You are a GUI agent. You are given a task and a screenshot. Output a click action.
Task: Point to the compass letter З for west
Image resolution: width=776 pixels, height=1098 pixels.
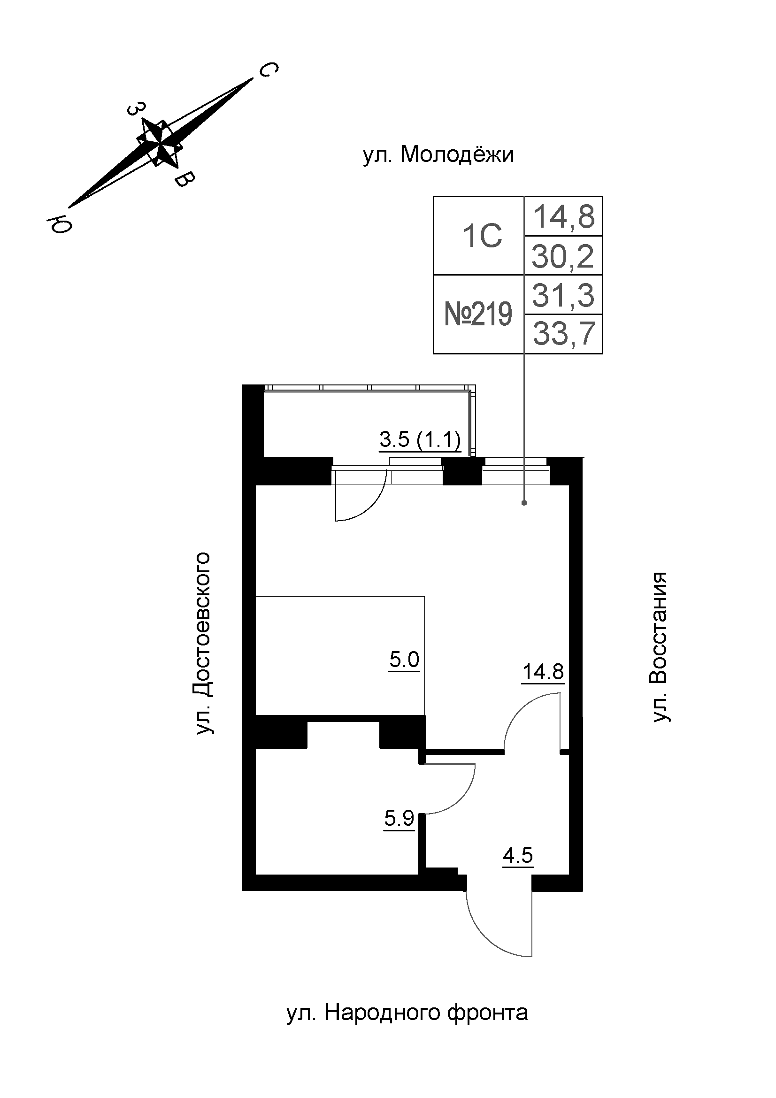pyautogui.click(x=136, y=109)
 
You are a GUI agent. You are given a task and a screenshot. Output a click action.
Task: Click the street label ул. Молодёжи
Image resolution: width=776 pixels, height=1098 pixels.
pyautogui.click(x=438, y=155)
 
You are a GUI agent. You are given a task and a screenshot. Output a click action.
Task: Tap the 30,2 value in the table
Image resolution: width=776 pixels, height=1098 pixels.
pyautogui.click(x=563, y=256)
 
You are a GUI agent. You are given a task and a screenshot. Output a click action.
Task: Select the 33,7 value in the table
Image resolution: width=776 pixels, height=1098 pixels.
pyautogui.click(x=564, y=334)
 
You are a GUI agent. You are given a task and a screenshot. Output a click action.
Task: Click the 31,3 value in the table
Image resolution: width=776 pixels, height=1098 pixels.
pyautogui.click(x=563, y=295)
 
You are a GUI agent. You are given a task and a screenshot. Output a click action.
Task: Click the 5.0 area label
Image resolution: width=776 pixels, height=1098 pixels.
pyautogui.click(x=404, y=660)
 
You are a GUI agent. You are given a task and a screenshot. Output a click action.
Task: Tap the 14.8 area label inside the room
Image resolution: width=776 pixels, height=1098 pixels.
pyautogui.click(x=543, y=672)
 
